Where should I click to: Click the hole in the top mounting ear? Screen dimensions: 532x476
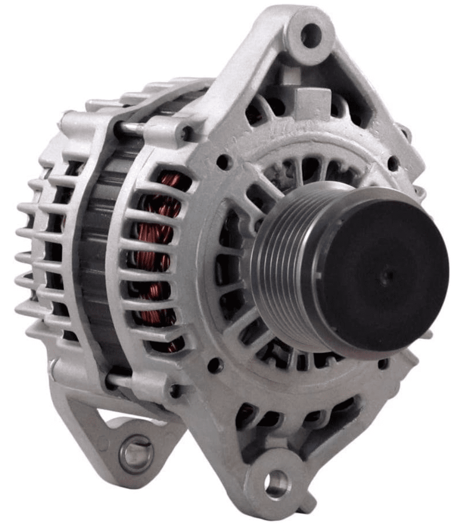pos(311,35)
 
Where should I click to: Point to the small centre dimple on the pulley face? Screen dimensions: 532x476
pos(388,277)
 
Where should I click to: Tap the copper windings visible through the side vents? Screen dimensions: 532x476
pos(156,254)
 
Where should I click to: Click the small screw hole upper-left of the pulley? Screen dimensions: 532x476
pos(223,162)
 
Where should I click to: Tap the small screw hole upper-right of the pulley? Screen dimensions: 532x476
pos(393,163)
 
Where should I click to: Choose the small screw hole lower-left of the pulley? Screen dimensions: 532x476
pos(214,365)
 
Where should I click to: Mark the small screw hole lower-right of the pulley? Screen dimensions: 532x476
pos(384,364)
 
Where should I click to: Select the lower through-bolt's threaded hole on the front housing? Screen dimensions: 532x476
pos(174,389)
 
